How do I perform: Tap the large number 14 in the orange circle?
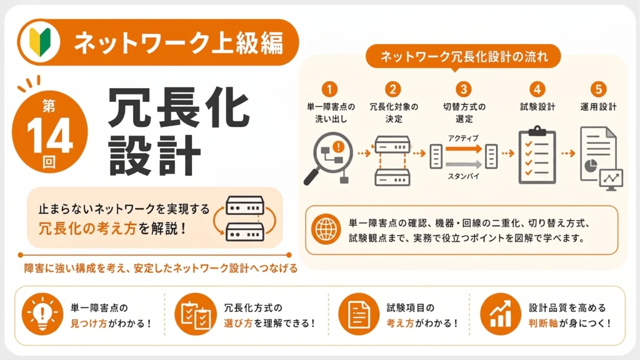50,136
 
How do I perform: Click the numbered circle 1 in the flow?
329,89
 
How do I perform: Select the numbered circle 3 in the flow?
463,89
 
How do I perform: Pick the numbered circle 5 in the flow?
598,89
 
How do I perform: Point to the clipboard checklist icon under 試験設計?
537,155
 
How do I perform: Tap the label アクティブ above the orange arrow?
463,138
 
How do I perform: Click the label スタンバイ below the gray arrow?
463,176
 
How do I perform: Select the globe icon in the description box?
326,229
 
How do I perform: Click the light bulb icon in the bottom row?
42,314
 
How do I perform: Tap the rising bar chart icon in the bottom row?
501,314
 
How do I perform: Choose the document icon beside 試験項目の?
359,314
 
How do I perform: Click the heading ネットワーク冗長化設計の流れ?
464,57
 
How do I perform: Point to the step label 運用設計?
598,107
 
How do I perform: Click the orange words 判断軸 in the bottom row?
543,323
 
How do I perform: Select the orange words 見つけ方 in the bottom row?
89,323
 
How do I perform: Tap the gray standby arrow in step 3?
463,164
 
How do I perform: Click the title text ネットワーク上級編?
178,42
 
